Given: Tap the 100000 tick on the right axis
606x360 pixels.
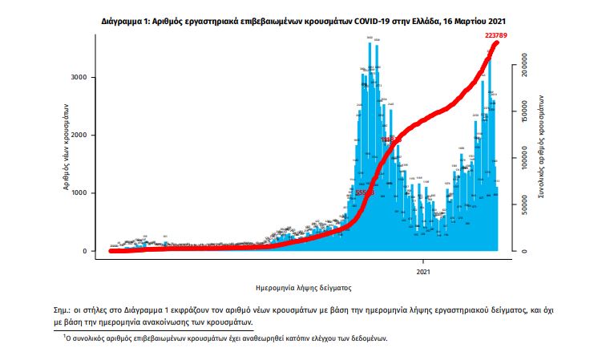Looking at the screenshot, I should pyautogui.click(x=522, y=161).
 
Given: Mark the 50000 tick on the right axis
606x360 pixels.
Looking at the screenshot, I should pyautogui.click(x=522, y=208).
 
